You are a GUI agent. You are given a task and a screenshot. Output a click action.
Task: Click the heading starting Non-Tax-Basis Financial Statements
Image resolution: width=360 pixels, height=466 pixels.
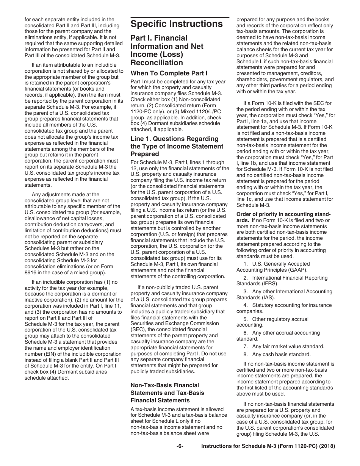pos(167,393)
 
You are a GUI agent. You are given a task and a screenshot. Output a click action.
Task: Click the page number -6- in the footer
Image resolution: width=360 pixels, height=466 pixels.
pos(180,446)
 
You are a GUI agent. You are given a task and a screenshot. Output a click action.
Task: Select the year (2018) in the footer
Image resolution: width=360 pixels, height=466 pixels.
pos(327,446)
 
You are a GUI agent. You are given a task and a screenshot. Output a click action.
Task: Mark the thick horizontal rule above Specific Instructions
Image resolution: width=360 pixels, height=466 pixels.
pos(180,17)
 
